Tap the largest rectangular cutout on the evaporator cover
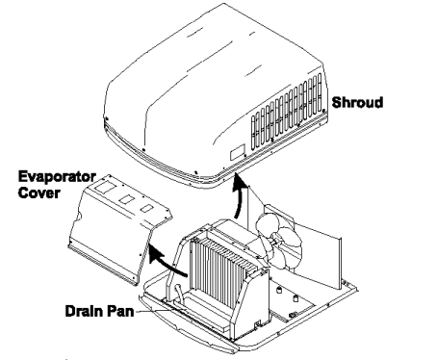pyautogui.click(x=122, y=197)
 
